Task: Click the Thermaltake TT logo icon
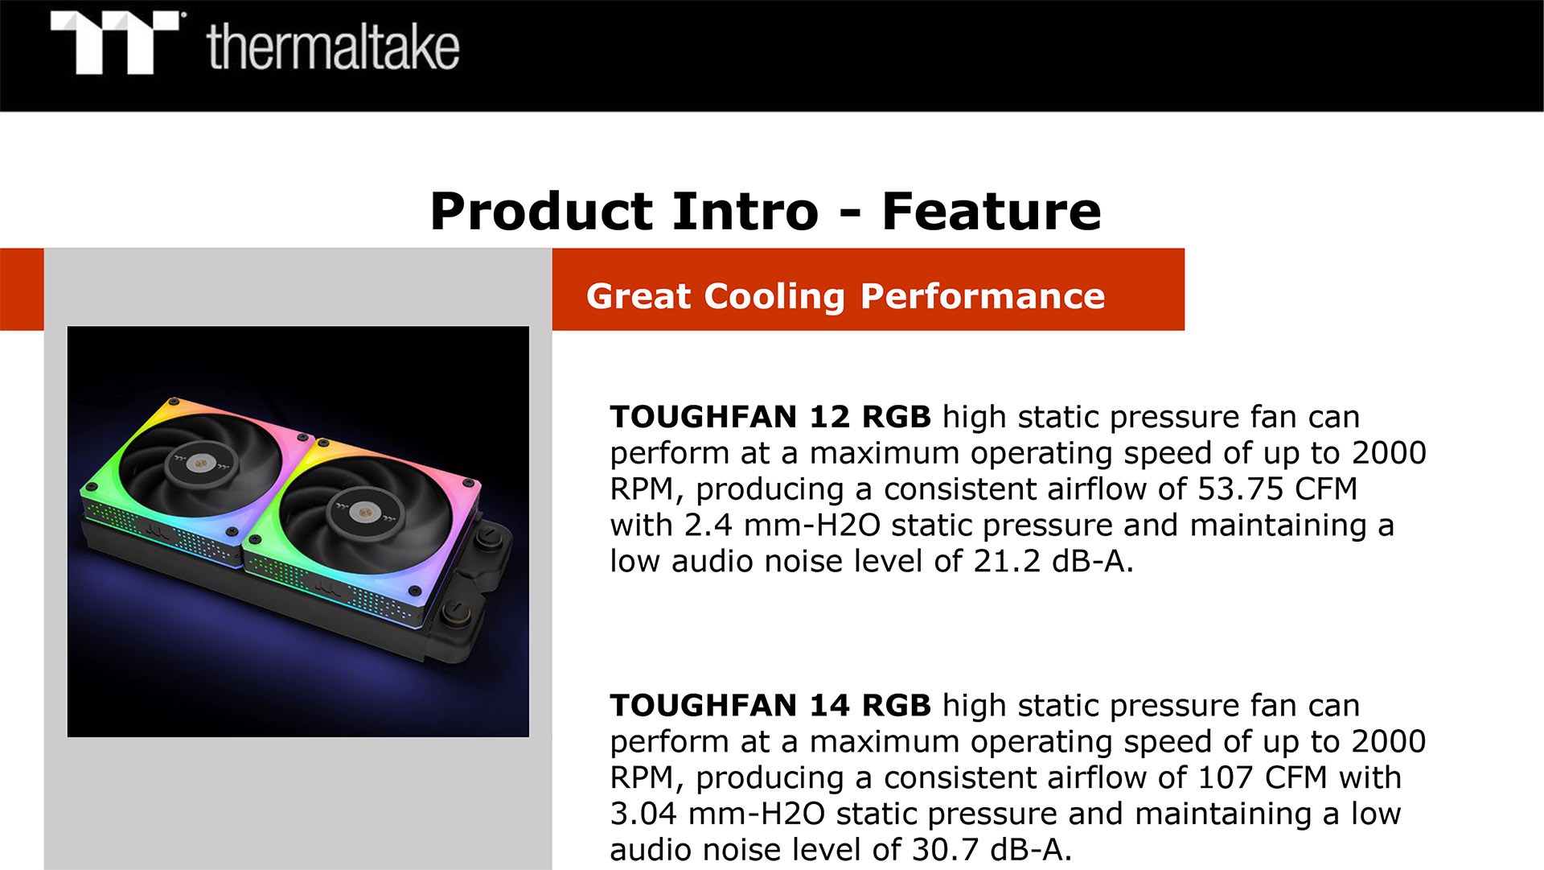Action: click(116, 43)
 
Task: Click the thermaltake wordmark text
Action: click(333, 47)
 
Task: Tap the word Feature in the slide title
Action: click(992, 212)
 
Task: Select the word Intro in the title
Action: click(745, 212)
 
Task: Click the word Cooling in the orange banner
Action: click(774, 297)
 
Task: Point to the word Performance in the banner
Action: click(983, 296)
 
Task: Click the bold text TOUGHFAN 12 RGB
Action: click(770, 417)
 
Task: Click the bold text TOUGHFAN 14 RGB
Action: click(770, 706)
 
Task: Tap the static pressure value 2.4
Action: click(708, 525)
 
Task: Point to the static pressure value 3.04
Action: click(643, 814)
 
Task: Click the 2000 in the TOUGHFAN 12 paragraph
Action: click(1389, 453)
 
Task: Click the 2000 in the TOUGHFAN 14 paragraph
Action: click(1389, 741)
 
